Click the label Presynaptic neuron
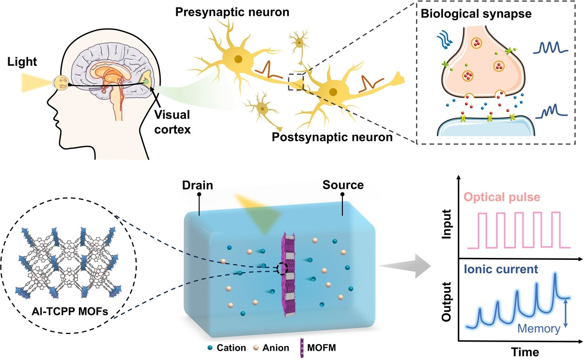pyautogui.click(x=232, y=12)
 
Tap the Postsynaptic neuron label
pyautogui.click(x=332, y=137)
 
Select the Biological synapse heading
pyautogui.click(x=476, y=14)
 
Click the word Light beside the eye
pyautogui.click(x=22, y=62)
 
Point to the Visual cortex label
pyautogui.click(x=172, y=122)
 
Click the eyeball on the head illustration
pyautogui.click(x=62, y=82)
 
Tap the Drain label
pyautogui.click(x=198, y=185)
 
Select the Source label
pyautogui.click(x=343, y=185)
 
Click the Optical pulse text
pyautogui.click(x=502, y=197)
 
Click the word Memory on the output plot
pyautogui.click(x=538, y=329)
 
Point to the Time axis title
pyautogui.click(x=525, y=352)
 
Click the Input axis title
pyautogui.click(x=446, y=224)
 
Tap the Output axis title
pyautogui.click(x=446, y=301)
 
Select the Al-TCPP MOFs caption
pyautogui.click(x=70, y=311)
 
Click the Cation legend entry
pyautogui.click(x=227, y=348)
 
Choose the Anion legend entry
pyautogui.click(x=271, y=348)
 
